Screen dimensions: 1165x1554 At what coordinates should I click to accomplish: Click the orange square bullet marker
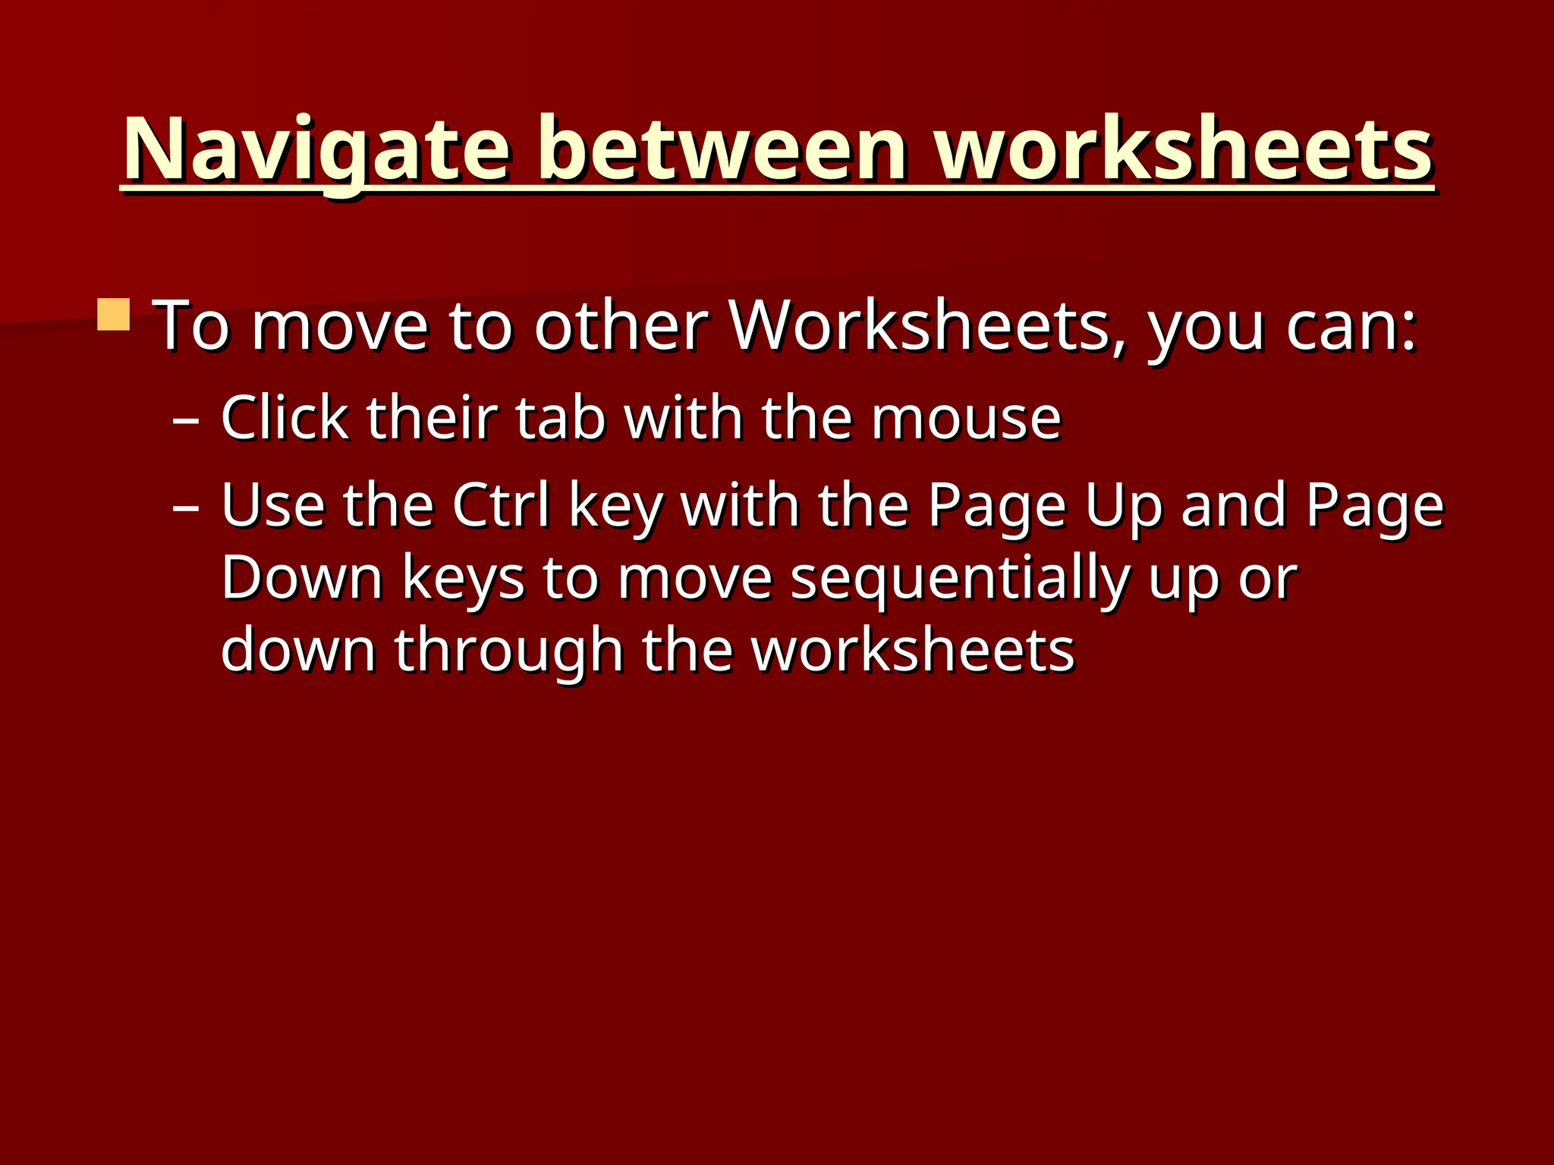(x=114, y=314)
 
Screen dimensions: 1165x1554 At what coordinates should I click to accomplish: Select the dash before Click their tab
(x=186, y=419)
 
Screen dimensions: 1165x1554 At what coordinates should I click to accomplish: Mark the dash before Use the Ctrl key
(x=186, y=506)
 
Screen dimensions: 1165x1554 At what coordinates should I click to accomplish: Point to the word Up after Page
(x=1123, y=507)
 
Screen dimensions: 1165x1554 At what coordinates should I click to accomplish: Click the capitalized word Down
(x=302, y=578)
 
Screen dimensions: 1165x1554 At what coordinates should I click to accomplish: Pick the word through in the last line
(x=508, y=652)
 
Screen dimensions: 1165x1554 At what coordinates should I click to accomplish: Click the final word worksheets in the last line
(x=913, y=651)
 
